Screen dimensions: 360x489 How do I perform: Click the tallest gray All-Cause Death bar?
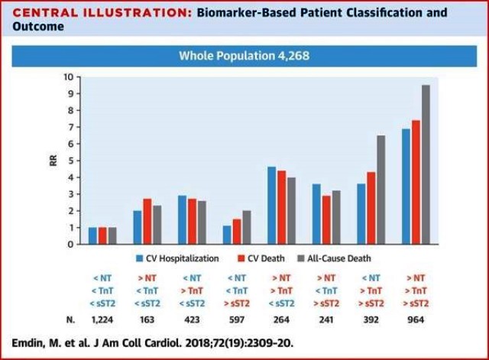point(426,164)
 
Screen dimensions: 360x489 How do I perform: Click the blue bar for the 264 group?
point(272,206)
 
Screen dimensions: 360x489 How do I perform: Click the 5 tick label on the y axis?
point(70,161)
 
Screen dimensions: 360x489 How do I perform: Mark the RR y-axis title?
point(47,161)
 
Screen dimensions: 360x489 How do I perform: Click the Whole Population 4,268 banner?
point(244,55)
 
